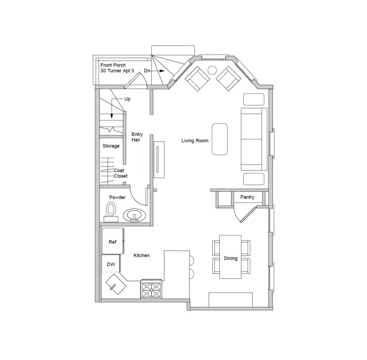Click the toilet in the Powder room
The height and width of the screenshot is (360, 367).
[x=111, y=212]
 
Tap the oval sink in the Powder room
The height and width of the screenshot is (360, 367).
[x=135, y=215]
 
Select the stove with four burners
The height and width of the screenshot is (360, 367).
[x=151, y=289]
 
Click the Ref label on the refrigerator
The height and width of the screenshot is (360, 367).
[x=112, y=242]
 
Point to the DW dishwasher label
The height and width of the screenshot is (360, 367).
[x=111, y=264]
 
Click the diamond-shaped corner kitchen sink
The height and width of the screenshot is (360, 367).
[x=116, y=284]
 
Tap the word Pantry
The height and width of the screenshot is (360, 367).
[x=247, y=197]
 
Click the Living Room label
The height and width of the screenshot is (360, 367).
[x=195, y=141]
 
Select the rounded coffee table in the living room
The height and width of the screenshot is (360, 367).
[x=219, y=139]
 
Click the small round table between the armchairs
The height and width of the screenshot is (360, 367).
[x=212, y=70]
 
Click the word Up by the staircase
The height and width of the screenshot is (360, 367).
[x=127, y=99]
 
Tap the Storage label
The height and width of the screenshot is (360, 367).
[x=111, y=146]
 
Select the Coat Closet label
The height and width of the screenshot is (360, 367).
[x=120, y=173]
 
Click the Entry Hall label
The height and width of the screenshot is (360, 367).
[x=137, y=137]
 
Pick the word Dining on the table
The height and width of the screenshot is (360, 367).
[x=231, y=258]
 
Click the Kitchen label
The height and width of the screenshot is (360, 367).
[x=142, y=255]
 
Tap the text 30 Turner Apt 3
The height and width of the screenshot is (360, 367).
[x=117, y=71]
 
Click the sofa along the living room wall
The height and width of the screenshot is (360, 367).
[x=254, y=139]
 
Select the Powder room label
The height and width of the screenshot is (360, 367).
[x=117, y=197]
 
